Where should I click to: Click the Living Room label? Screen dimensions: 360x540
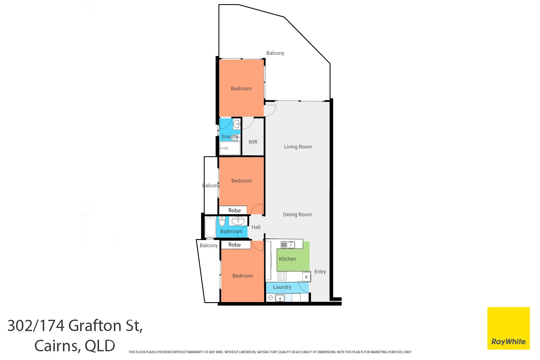click(x=298, y=147)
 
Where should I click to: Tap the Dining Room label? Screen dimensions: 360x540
click(x=297, y=215)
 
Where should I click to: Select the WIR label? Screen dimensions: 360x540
click(x=253, y=142)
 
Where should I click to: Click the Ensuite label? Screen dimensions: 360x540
click(x=230, y=137)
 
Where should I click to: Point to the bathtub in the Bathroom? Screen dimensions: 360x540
click(x=210, y=227)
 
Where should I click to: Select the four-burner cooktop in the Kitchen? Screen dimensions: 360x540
click(x=282, y=276)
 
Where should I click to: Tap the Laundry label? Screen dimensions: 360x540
click(x=282, y=287)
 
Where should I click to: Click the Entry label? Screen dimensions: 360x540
click(x=320, y=272)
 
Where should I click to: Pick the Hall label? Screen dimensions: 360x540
click(x=256, y=227)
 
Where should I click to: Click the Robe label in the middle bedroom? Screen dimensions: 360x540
click(x=234, y=210)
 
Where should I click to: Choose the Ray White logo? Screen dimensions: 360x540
click(x=508, y=328)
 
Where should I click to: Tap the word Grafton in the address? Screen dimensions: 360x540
click(x=95, y=326)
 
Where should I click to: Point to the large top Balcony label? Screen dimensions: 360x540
click(x=275, y=53)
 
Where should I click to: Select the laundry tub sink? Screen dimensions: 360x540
click(x=280, y=298)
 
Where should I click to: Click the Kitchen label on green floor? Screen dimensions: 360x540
click(x=287, y=259)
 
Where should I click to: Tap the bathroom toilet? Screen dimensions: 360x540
click(x=222, y=221)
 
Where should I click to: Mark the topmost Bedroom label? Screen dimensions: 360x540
click(x=241, y=89)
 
